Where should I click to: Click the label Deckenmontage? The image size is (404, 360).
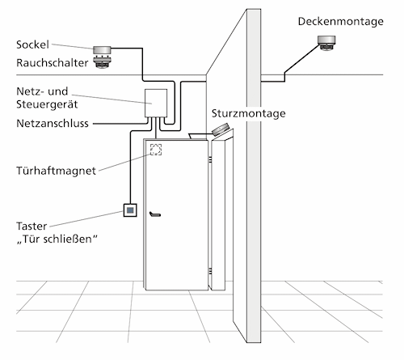point(340,22)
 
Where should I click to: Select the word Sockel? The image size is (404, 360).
point(32,44)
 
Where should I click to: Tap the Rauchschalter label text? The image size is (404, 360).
point(53,63)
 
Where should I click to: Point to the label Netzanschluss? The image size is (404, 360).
point(53,123)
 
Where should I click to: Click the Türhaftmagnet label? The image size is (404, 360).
point(56,171)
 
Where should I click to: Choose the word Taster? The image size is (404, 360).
point(32,227)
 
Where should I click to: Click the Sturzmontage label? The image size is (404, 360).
point(248,113)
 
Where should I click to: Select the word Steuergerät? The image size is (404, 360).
point(47,104)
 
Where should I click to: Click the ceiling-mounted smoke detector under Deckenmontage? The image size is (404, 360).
point(326,43)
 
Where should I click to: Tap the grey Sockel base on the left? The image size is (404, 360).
point(102,50)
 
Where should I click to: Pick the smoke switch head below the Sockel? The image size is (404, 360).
point(102,62)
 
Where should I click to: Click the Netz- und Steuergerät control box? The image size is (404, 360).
point(156,103)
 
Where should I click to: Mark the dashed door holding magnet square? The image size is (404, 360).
point(156,150)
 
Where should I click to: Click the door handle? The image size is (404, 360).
point(155,214)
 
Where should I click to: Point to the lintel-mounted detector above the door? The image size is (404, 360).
point(221,129)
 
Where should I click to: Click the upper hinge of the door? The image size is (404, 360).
point(210,160)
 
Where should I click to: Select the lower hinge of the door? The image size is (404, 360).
point(210,271)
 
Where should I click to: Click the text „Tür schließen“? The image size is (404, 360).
point(57,239)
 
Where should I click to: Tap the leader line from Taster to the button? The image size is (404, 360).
point(86,218)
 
